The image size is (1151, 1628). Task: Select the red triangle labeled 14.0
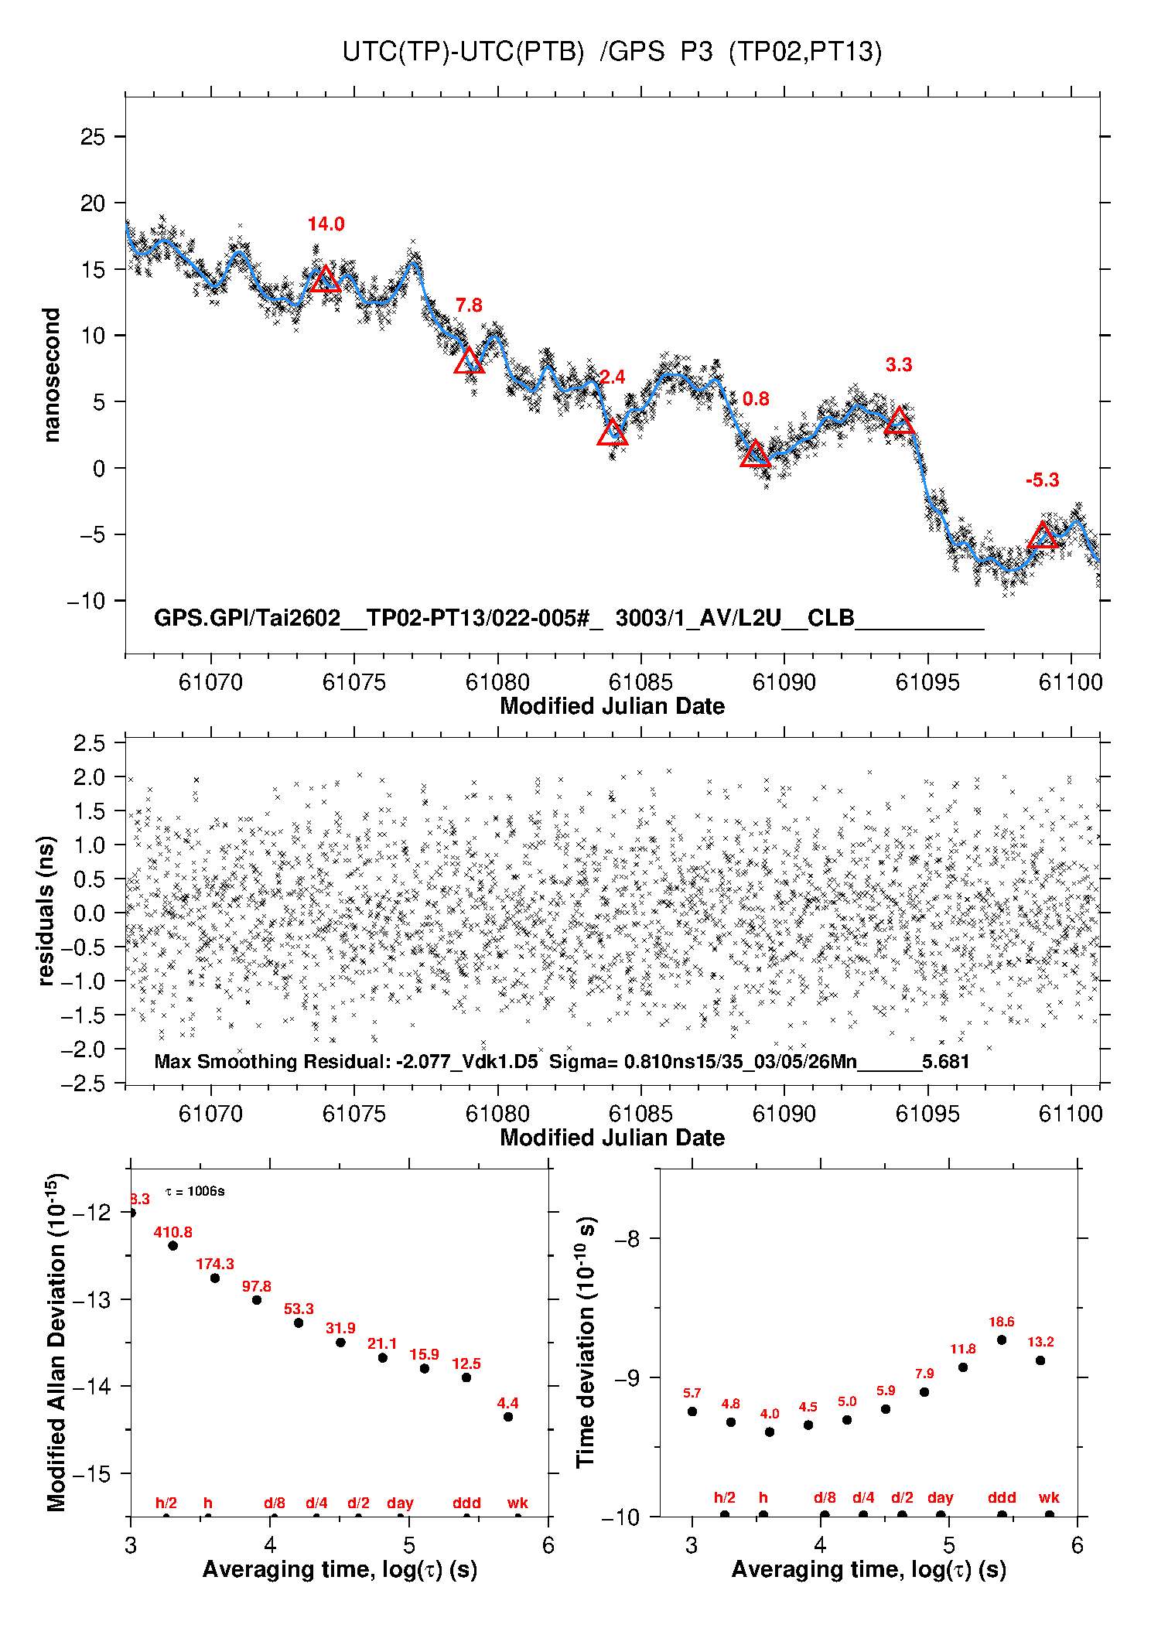pos(326,279)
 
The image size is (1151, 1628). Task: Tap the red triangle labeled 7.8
pos(469,361)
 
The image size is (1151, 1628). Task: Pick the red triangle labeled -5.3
pos(1043,536)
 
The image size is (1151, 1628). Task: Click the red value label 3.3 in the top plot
pos(898,365)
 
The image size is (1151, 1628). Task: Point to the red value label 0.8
pos(756,399)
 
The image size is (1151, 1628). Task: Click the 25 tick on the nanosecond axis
pos(93,137)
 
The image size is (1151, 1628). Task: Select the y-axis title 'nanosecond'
pos(51,375)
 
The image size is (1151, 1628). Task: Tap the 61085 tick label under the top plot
pos(640,682)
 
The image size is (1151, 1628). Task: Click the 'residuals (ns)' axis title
pos(46,910)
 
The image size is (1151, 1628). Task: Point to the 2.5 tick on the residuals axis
pos(89,743)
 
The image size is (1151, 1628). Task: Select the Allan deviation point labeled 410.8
pos(173,1246)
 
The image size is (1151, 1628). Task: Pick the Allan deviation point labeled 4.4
pos(508,1417)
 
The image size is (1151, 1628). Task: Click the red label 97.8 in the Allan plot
pos(256,1286)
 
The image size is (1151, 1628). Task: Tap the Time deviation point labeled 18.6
pos(1002,1340)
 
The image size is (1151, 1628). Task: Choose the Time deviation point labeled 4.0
pos(770,1432)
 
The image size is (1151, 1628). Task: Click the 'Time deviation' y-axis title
pos(586,1342)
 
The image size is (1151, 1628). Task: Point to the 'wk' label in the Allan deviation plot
pos(517,1503)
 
